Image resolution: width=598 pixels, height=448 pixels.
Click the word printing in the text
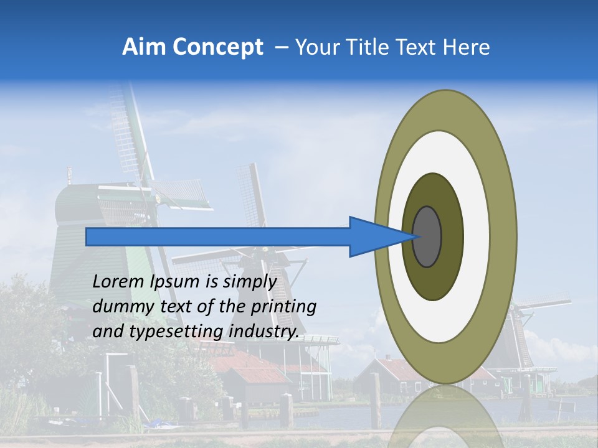283,307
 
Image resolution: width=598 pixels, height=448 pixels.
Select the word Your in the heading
315,47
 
